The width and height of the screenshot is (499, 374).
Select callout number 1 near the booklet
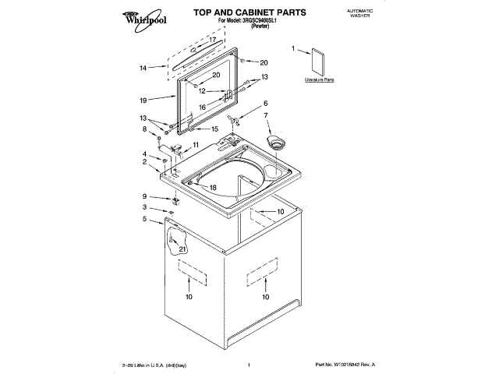(x=293, y=48)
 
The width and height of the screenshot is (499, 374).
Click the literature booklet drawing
(x=318, y=62)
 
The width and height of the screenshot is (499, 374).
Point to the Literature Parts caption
(x=319, y=80)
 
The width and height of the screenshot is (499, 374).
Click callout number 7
(x=266, y=115)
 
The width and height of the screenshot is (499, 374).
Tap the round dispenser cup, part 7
(x=275, y=141)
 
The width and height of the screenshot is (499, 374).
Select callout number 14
(x=143, y=68)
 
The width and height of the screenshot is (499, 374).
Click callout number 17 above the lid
(x=211, y=39)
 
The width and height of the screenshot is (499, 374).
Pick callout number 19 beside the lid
(x=143, y=100)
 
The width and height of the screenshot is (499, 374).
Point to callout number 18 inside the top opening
(x=213, y=187)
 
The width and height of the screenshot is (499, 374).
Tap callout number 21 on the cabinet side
(x=182, y=249)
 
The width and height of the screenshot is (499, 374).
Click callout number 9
(x=143, y=196)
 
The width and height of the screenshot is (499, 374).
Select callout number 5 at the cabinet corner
(x=143, y=219)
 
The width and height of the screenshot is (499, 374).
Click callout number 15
(x=215, y=129)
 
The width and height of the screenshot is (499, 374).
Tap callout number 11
(x=195, y=145)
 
